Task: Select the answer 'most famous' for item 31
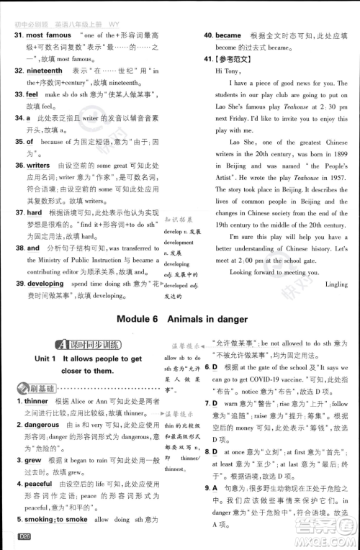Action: (x=48, y=35)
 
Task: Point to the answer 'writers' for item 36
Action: (x=37, y=165)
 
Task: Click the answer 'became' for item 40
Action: (x=228, y=35)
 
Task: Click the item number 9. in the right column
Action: (x=207, y=489)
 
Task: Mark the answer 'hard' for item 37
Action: (x=34, y=212)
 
